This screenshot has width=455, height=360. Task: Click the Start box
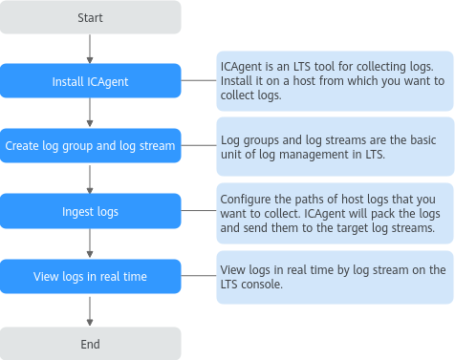tap(91, 17)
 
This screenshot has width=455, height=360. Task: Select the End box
tap(91, 344)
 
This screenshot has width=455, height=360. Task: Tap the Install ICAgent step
tap(91, 81)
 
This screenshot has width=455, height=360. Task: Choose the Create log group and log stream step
tap(91, 146)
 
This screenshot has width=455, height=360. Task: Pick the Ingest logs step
tap(91, 211)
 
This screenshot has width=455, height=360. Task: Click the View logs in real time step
tap(91, 276)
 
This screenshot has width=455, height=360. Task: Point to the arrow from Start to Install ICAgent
tap(90, 49)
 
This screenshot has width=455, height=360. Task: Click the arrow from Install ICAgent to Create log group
tap(90, 113)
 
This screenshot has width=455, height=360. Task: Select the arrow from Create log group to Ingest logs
tap(90, 180)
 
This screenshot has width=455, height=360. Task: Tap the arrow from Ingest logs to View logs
tap(90, 244)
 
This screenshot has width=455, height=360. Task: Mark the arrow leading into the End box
tap(90, 311)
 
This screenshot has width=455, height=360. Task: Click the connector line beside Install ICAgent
tap(199, 80)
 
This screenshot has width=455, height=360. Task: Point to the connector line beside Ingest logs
tap(199, 210)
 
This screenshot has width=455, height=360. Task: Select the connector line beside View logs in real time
tap(199, 276)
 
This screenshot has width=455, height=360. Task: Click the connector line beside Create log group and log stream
tap(199, 145)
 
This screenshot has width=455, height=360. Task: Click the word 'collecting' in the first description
tap(380, 67)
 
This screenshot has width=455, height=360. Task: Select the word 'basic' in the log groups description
tap(422, 140)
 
